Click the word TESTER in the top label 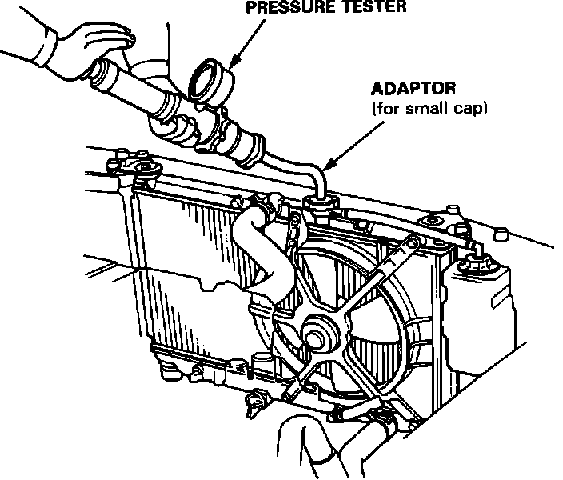point(376,7)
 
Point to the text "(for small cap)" point(429,108)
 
